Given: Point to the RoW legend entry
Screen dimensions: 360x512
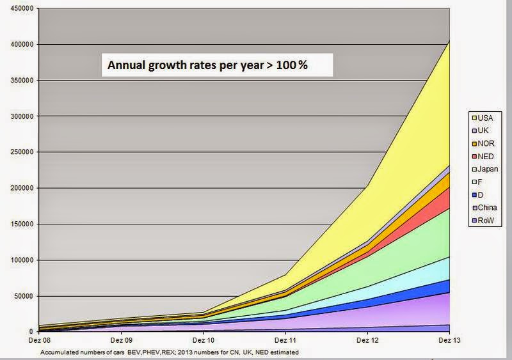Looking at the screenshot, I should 485,221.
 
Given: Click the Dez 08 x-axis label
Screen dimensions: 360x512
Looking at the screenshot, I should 38,341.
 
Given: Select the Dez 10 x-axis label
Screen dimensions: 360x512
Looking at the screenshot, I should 203,341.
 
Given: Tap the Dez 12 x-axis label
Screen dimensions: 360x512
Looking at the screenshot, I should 367,341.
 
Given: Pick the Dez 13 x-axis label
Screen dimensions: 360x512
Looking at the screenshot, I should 449,341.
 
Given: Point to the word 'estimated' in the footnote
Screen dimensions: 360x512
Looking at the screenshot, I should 283,352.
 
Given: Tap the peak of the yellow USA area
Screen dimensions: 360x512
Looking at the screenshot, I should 449,41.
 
